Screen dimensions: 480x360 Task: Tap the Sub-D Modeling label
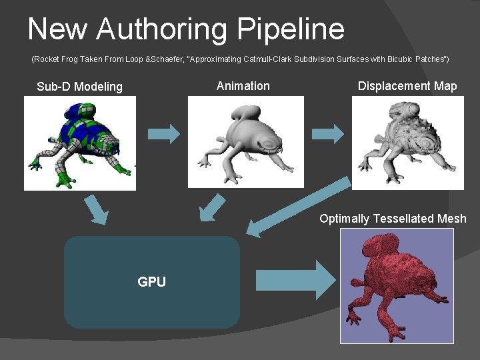(x=80, y=87)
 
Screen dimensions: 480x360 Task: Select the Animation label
(x=243, y=86)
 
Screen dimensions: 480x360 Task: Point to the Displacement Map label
(x=407, y=86)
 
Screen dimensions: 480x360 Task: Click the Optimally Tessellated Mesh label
(x=393, y=219)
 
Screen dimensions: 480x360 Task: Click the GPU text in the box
(x=151, y=282)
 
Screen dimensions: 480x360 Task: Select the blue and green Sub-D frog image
(x=80, y=143)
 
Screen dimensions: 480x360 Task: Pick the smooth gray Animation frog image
(x=246, y=142)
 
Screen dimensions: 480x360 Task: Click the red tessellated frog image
(x=397, y=285)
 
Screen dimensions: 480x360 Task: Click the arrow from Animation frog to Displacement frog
(x=328, y=133)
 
